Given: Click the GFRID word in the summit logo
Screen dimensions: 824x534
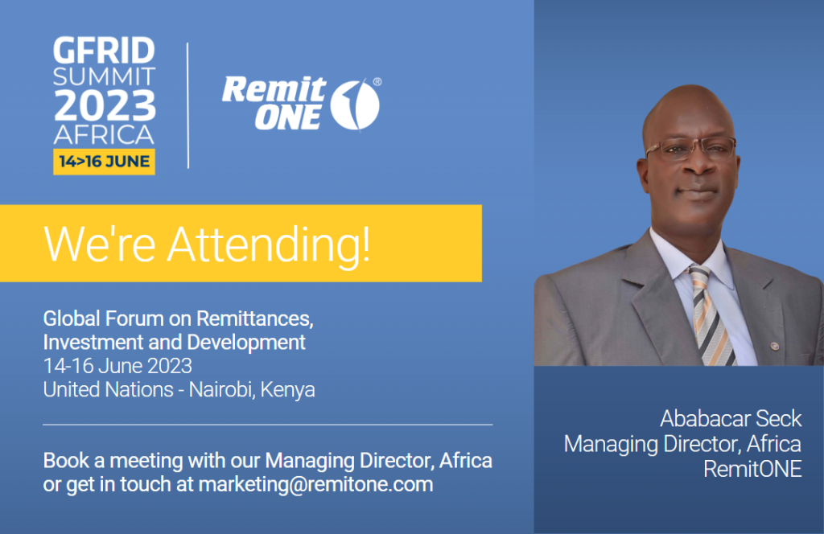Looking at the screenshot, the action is (104, 51).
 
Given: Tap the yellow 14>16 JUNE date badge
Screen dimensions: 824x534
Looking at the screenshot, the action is (104, 162).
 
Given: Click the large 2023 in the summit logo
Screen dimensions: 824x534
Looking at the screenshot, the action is (105, 105).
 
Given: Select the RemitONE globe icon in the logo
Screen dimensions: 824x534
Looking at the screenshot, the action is (355, 104).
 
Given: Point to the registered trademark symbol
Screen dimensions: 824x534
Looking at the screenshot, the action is (377, 82).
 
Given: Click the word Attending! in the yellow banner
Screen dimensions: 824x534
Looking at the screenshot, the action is (269, 244).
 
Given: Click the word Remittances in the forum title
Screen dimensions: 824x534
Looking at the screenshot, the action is (254, 318).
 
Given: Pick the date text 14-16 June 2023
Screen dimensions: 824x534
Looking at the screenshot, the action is (117, 366).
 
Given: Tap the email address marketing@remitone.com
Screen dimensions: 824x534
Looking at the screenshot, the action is (315, 484).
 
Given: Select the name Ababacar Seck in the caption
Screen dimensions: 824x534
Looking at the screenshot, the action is (731, 418).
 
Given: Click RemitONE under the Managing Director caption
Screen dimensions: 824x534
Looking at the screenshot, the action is (752, 469).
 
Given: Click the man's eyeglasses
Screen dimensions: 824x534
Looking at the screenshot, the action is (690, 149).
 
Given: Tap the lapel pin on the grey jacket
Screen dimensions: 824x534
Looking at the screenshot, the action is (774, 346).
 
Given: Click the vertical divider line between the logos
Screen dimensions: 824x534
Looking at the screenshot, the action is (187, 105).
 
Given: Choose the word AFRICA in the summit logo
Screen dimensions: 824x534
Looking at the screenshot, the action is (104, 135).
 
